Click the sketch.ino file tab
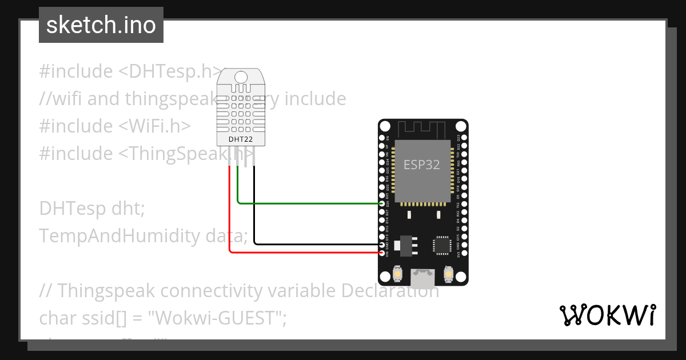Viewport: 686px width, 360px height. tap(101, 25)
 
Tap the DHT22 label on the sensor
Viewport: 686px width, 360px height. tap(240, 139)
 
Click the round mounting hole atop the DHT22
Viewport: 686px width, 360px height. tap(241, 77)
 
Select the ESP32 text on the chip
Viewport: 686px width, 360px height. tap(422, 165)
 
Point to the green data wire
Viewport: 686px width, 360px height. tap(309, 203)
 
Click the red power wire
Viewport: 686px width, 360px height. tap(303, 252)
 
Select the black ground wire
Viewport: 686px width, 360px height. tap(314, 244)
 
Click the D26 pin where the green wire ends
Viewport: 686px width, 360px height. tap(382, 203)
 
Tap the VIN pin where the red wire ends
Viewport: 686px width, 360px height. tap(382, 252)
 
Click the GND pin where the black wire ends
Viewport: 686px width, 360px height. tap(382, 244)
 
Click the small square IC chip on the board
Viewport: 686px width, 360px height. tap(441, 244)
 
